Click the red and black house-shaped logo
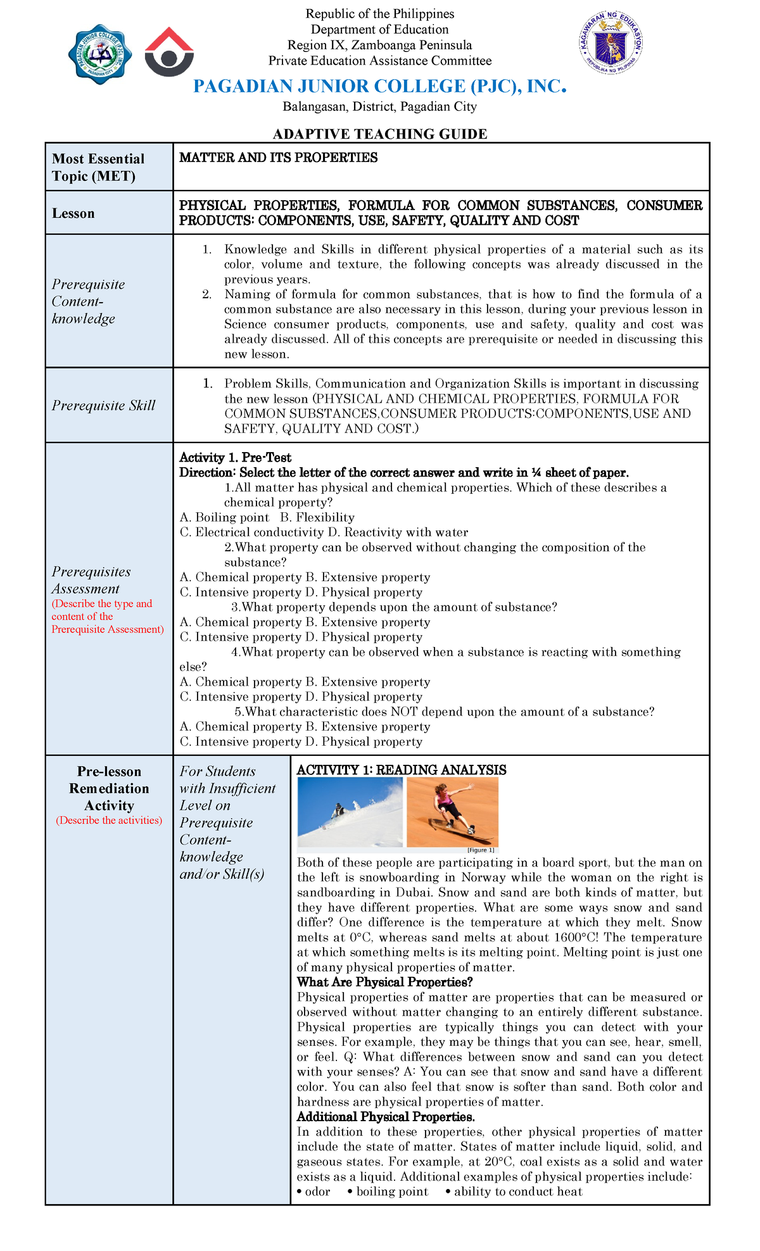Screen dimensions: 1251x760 (169, 52)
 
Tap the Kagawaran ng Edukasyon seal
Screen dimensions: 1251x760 (612, 44)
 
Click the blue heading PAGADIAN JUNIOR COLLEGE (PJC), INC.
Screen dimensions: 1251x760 (379, 87)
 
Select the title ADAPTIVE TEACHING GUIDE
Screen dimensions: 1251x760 (379, 134)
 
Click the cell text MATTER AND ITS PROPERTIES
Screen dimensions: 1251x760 (278, 158)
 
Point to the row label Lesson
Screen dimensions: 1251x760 (73, 214)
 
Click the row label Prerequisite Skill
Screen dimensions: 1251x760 (103, 405)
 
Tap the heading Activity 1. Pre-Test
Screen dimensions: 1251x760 (235, 458)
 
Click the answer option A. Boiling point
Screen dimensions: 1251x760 (225, 517)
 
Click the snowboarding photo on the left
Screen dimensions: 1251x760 (350, 812)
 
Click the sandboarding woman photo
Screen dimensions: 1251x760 (452, 812)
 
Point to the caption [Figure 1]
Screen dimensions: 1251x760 (480, 850)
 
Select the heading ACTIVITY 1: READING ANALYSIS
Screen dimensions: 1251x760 (402, 770)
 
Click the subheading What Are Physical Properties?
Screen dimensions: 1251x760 (384, 982)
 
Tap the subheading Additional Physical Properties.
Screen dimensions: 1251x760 (386, 1117)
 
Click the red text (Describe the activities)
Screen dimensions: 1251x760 (109, 820)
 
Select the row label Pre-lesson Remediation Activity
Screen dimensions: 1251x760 (109, 788)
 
